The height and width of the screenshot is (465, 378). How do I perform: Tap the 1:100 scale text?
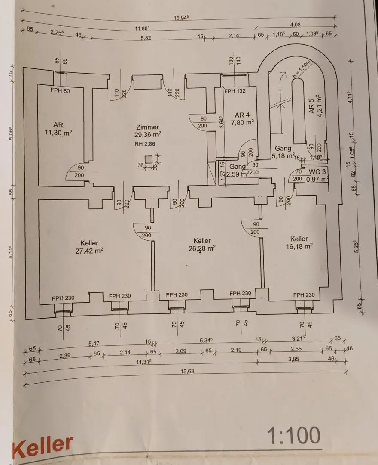coord(294,436)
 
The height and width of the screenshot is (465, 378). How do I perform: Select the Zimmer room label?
coord(147,127)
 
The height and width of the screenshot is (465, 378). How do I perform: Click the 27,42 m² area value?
coord(89,250)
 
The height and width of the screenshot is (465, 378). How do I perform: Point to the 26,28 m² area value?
coord(202,248)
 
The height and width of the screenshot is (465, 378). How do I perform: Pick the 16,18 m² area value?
coord(299,246)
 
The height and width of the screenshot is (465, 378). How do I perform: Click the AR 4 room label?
coord(242,115)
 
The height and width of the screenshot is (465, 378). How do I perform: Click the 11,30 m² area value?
coord(58,133)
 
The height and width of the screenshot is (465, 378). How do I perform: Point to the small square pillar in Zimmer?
coord(148,159)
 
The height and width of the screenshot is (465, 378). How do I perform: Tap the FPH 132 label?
coord(235,91)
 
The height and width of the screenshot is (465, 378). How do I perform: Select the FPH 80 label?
coord(60,91)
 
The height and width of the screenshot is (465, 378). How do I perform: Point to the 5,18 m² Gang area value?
coord(284,155)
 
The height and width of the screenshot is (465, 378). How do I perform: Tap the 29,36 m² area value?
coord(148,134)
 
